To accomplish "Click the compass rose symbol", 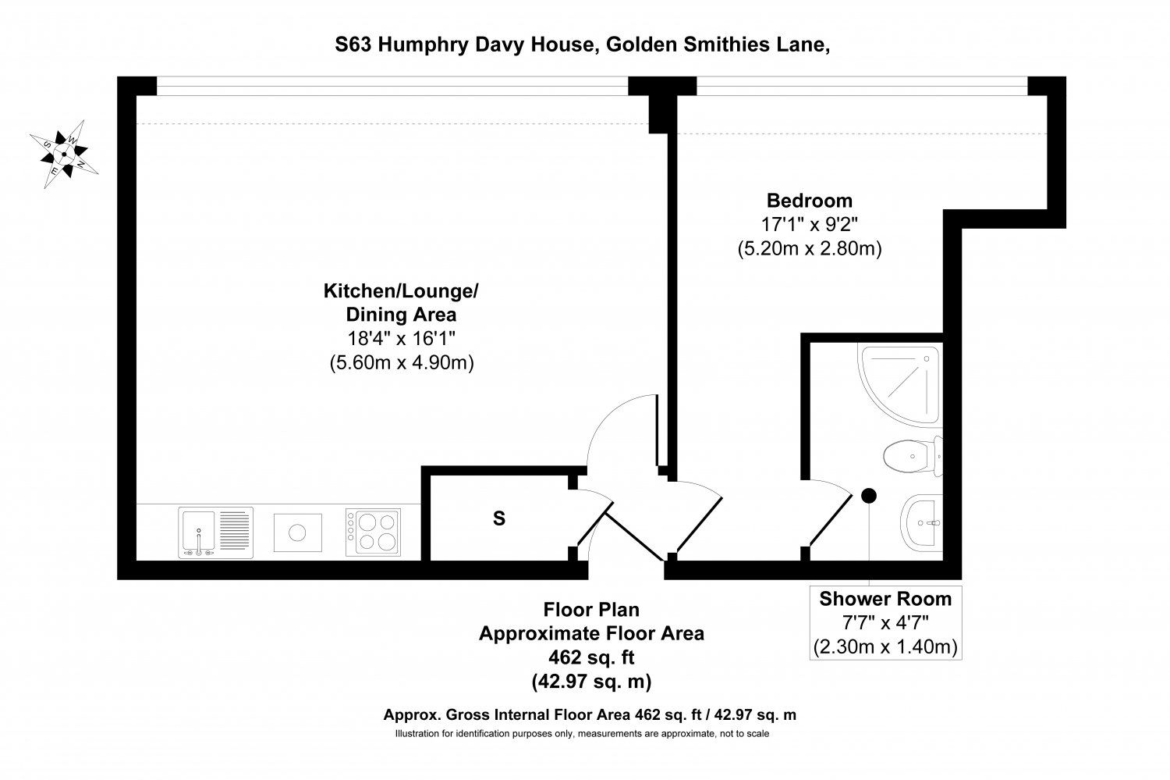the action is click(64, 154).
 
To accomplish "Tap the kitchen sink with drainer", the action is click(216, 532).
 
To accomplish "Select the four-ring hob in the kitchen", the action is click(373, 532).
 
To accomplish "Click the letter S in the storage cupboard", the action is click(499, 518).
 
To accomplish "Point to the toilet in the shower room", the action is click(913, 456).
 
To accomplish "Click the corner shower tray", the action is click(900, 385).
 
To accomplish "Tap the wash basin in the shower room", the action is click(922, 522).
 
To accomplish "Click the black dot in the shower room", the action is click(869, 495).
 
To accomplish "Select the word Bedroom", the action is click(810, 200).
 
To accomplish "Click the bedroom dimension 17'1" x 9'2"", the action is click(810, 224).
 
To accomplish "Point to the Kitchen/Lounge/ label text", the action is click(401, 290).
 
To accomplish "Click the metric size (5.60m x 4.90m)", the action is click(402, 362).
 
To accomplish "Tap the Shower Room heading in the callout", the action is click(885, 599).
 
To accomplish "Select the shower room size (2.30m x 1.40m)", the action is click(885, 646).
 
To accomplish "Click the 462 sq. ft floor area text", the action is click(591, 657).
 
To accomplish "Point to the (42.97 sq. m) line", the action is click(591, 681).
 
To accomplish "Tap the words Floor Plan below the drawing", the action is click(591, 610).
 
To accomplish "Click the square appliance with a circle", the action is click(298, 532).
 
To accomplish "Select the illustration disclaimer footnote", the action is click(582, 733).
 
